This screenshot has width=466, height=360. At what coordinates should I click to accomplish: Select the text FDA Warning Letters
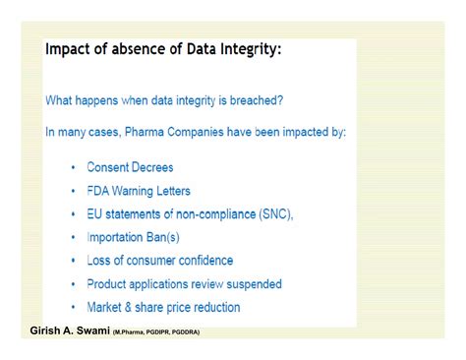[139, 191]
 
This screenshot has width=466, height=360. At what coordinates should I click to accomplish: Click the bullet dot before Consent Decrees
[73, 168]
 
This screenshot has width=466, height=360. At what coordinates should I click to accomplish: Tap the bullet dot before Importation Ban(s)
[73, 237]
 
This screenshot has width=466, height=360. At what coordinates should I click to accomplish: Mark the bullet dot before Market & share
[73, 308]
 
